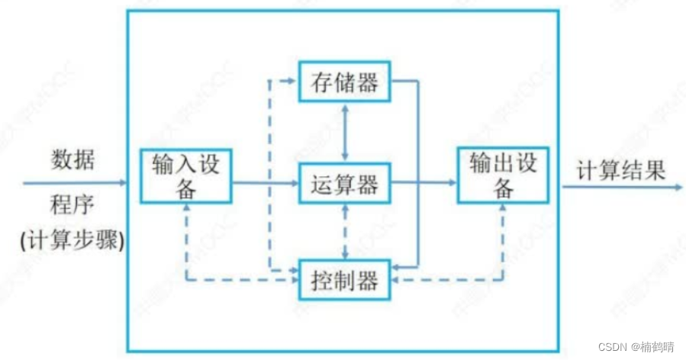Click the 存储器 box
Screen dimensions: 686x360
(345, 82)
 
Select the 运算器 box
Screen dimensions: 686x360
(345, 183)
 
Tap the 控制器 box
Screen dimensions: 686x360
(345, 280)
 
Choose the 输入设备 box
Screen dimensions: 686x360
(185, 176)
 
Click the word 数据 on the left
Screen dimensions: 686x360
(73, 160)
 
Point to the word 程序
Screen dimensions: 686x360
(73, 206)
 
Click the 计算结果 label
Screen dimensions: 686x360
(620, 169)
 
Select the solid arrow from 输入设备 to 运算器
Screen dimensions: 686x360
(263, 183)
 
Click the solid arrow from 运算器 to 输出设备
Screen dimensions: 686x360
(424, 183)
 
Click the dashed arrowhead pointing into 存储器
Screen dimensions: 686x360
(293, 79)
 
